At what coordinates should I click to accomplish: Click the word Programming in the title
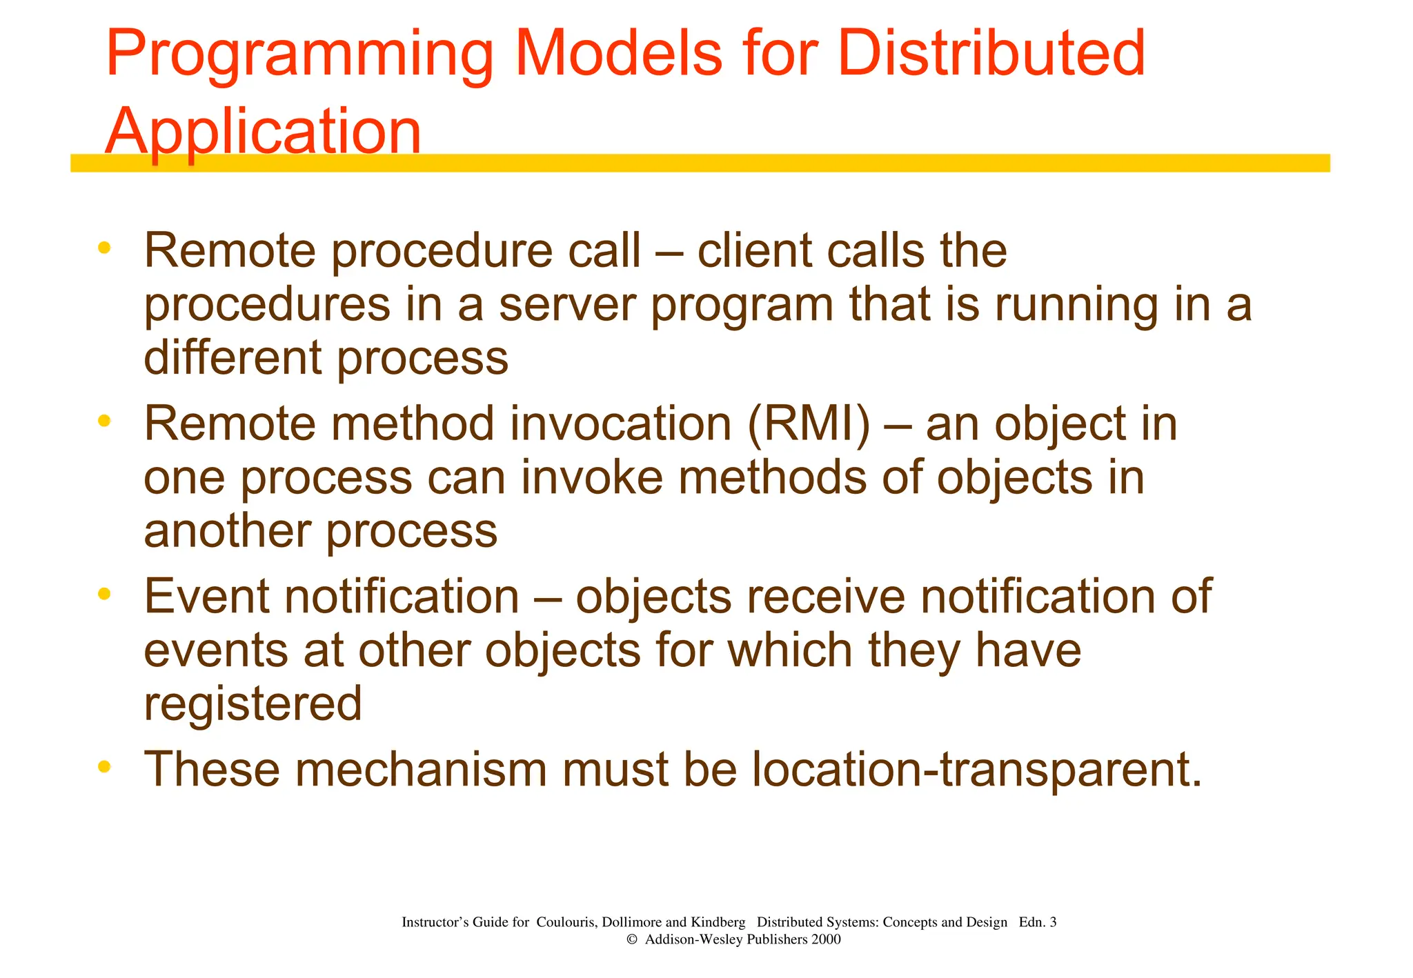299,55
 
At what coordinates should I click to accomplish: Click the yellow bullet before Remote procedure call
104,248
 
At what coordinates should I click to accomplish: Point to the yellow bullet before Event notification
104,593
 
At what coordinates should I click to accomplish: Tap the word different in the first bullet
233,357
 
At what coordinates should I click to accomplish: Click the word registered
253,703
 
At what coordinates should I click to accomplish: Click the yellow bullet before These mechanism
104,766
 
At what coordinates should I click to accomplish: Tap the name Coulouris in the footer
565,922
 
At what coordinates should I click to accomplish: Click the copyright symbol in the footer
631,939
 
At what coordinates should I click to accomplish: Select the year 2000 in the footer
826,939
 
